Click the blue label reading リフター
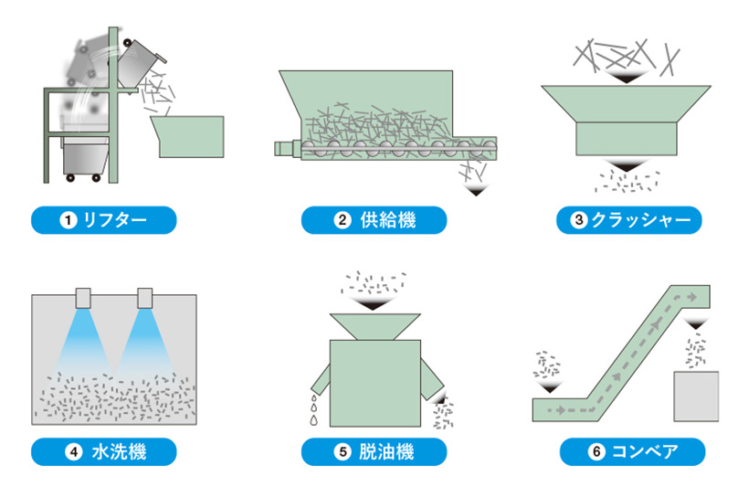tap(102, 220)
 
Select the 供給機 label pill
tap(374, 220)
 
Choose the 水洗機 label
tap(102, 451)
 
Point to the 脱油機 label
tap(374, 451)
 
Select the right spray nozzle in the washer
tap(144, 297)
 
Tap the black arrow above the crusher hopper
tap(626, 79)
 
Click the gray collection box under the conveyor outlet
tap(698, 396)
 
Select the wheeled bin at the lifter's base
tap(85, 161)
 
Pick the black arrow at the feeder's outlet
tap(475, 191)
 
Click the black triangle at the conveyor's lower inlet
tap(550, 387)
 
